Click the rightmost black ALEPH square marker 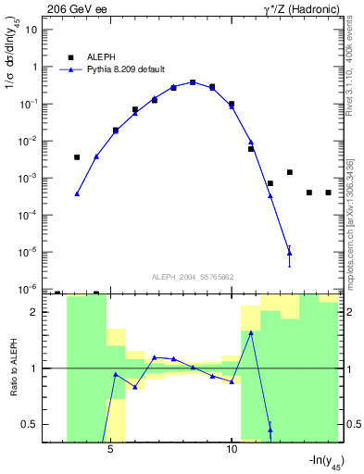[x=328, y=193]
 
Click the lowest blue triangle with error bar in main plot [x=290, y=252]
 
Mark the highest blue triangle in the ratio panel [x=251, y=332]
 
